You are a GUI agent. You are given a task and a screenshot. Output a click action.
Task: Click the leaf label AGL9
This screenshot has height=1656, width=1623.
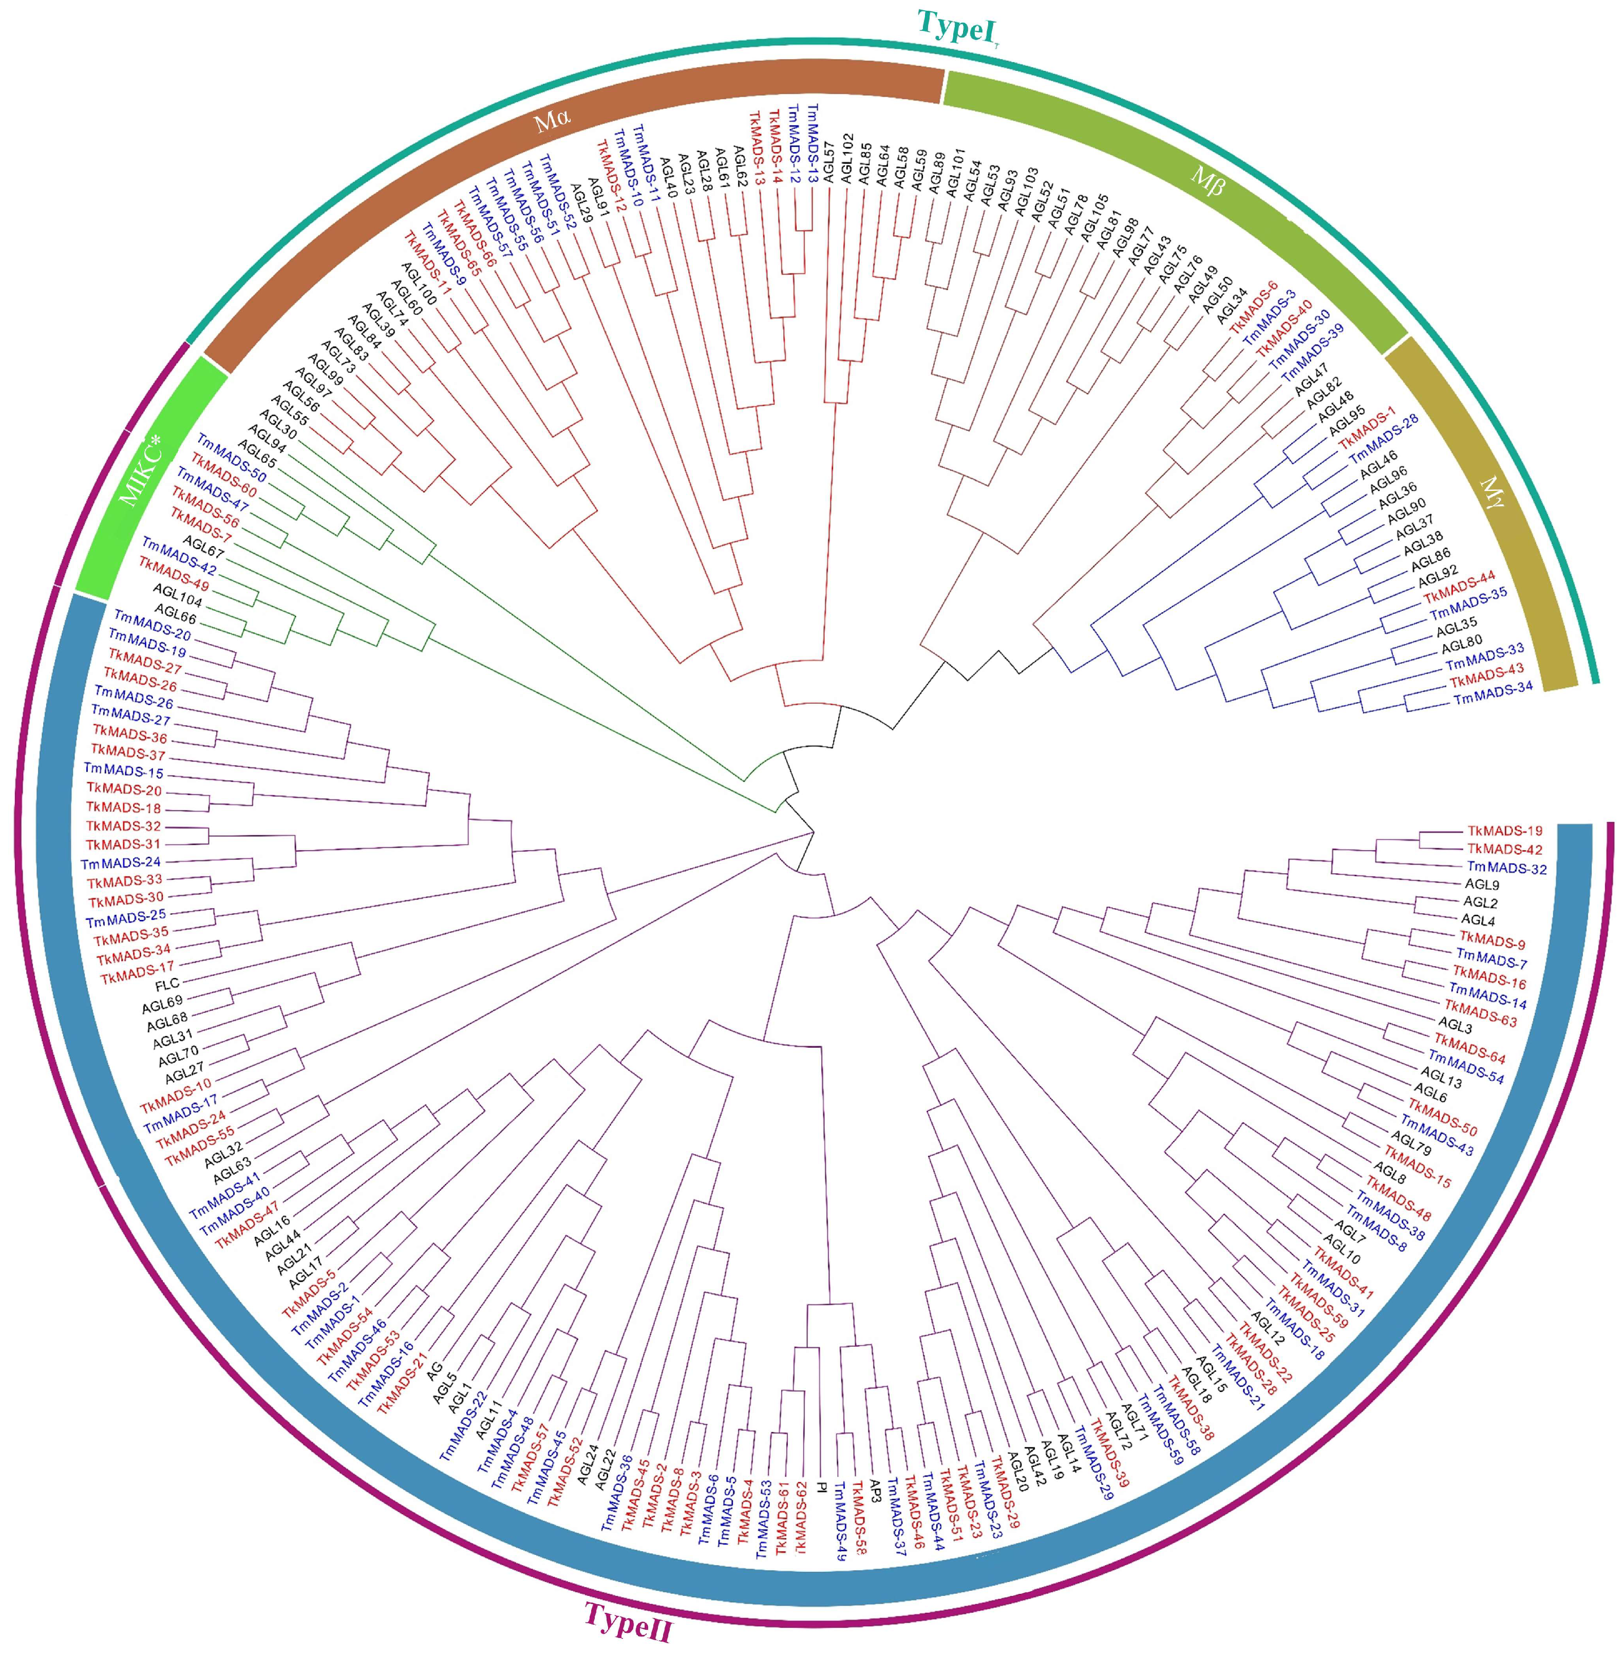(1481, 885)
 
